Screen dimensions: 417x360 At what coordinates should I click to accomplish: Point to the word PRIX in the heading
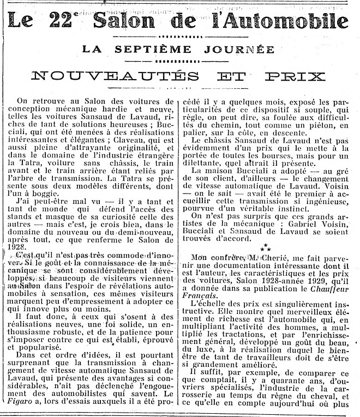(295, 76)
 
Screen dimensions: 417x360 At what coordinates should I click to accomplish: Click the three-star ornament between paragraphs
(267, 246)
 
